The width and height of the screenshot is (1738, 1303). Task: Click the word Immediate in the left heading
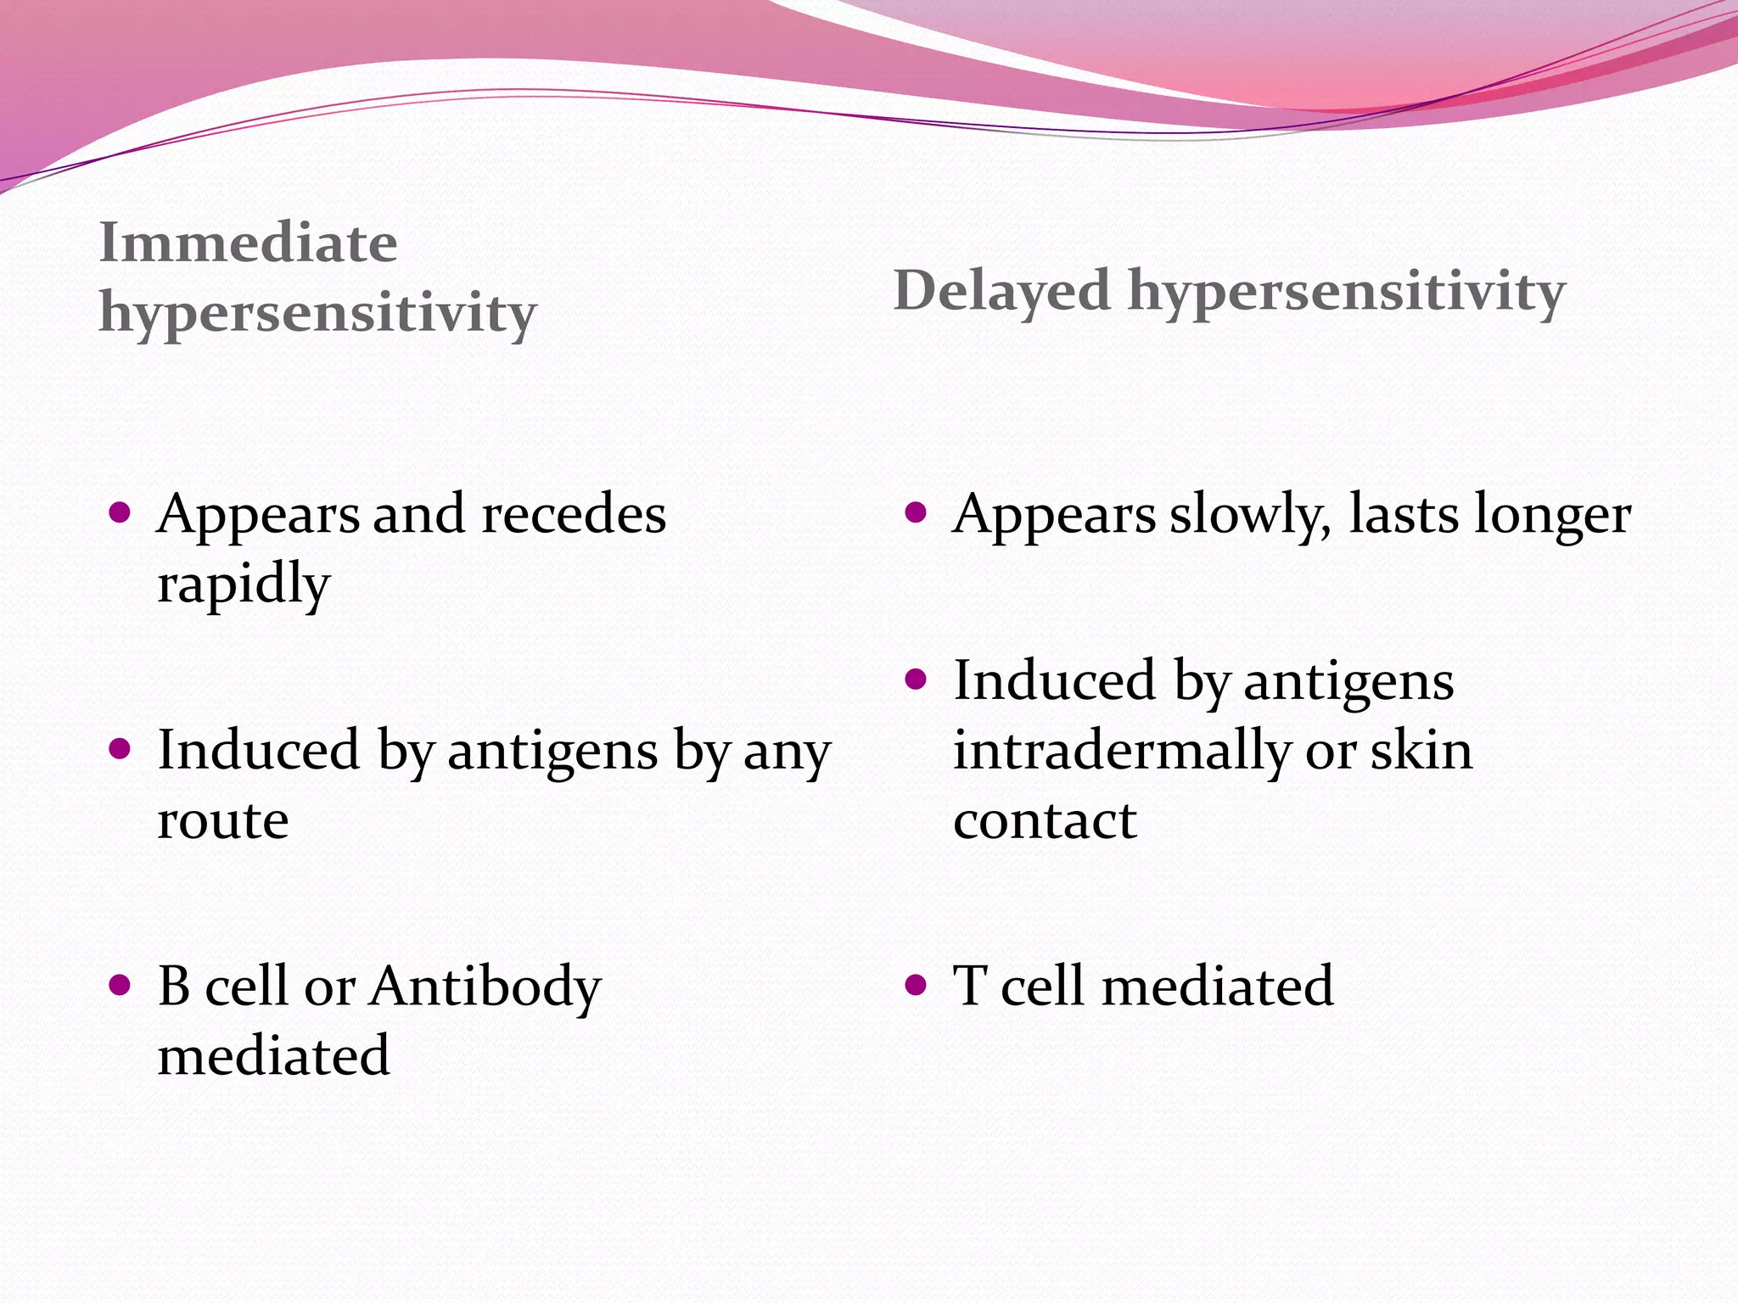(248, 243)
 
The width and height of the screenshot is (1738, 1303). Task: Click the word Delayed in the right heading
(1001, 291)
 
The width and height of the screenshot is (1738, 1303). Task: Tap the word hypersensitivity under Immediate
(317, 314)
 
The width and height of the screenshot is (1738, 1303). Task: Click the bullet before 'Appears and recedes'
(120, 512)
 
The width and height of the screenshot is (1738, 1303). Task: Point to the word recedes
(574, 515)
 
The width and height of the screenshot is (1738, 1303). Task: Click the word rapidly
(244, 585)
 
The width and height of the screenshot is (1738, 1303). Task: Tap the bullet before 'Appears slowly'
(915, 512)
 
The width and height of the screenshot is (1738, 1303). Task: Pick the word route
(223, 821)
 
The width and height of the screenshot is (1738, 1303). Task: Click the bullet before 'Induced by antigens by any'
(120, 749)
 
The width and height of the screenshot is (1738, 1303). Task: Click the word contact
(1045, 821)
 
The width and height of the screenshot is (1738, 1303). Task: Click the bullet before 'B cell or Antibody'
(120, 985)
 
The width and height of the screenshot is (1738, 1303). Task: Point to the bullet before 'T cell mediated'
(915, 985)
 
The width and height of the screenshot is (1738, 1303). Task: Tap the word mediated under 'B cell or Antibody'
(273, 1056)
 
